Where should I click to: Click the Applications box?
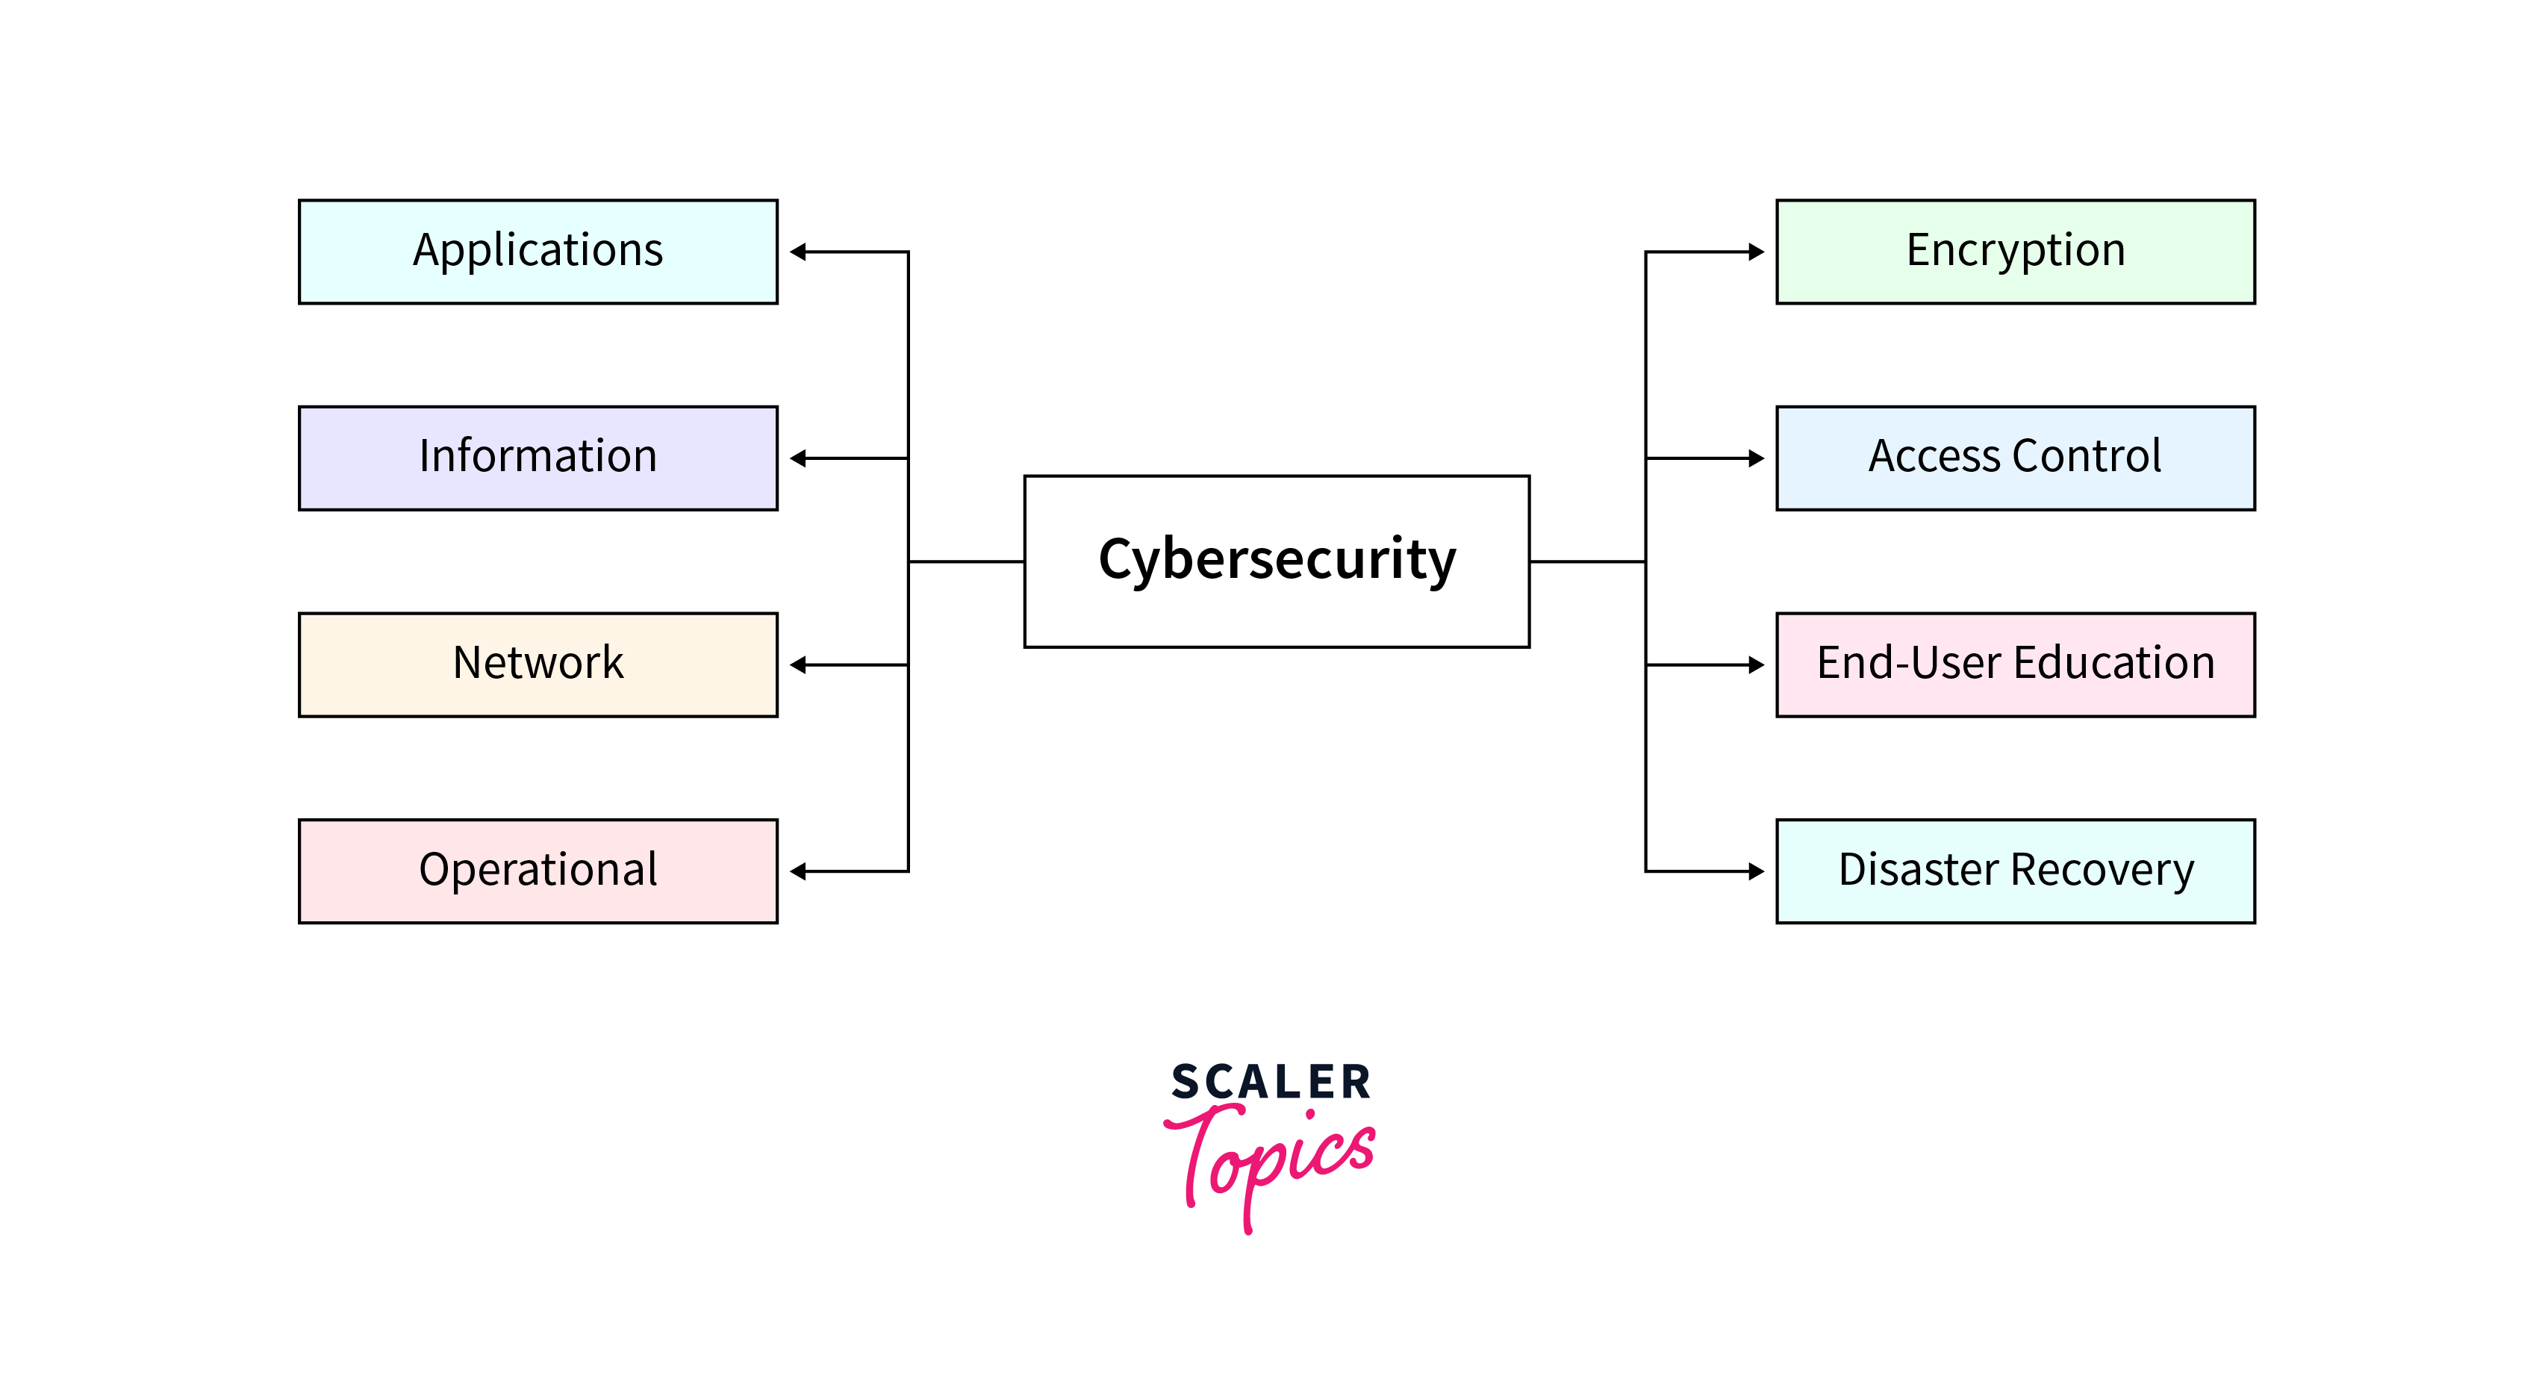coord(538,252)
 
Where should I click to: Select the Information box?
coord(538,458)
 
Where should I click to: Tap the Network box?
coord(538,665)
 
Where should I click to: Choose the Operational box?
coord(538,871)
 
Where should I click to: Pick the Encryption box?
coord(2015,252)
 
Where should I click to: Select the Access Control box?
coord(2015,458)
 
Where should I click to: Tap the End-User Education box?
coord(2015,665)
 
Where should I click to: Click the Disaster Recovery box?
coord(2015,871)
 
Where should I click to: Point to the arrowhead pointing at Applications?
coord(798,252)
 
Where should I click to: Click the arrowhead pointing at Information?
coord(798,458)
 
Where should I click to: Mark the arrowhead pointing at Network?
coord(798,665)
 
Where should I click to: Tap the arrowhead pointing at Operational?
coord(798,871)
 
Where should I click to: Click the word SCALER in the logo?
coord(1271,1083)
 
